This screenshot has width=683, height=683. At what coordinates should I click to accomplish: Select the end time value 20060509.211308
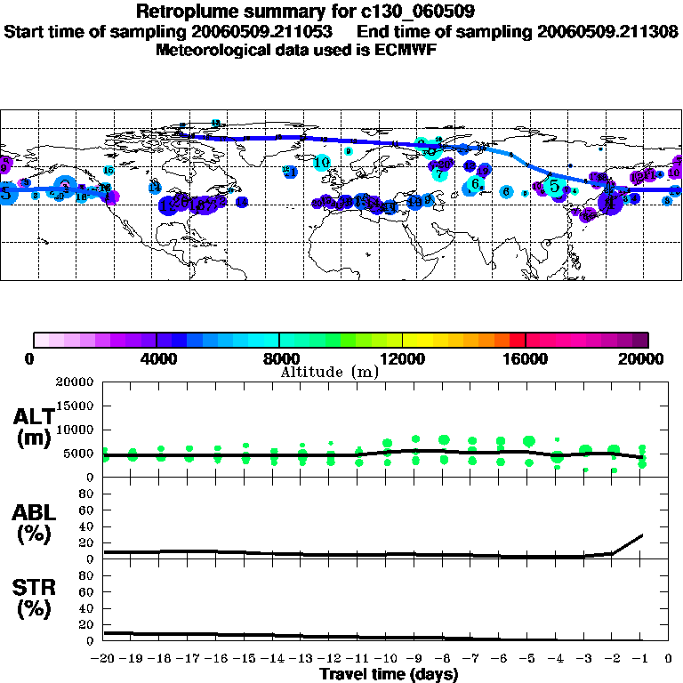click(608, 31)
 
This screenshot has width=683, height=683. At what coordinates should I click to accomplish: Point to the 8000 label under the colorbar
click(278, 358)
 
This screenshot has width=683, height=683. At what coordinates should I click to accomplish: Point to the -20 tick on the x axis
click(103, 659)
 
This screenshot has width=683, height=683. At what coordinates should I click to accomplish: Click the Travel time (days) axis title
click(389, 675)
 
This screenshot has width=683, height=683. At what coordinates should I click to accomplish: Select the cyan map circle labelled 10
click(322, 163)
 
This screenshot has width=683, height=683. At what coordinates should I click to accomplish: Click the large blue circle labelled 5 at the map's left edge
click(5, 193)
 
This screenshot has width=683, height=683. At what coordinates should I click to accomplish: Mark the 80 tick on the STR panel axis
click(86, 575)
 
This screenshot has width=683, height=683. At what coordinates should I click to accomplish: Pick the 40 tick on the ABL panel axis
click(86, 526)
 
